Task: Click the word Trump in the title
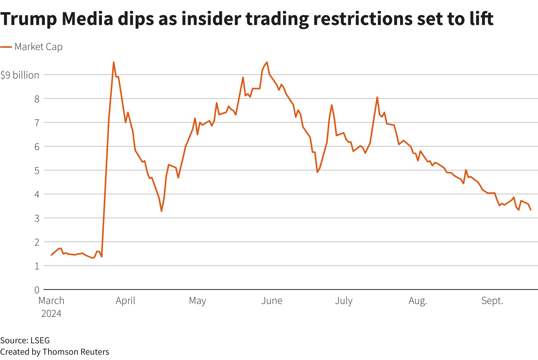tap(28, 19)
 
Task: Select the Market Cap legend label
tap(38, 47)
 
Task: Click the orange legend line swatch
tap(6, 47)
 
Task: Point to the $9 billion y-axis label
tap(20, 75)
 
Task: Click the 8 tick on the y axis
tap(37, 99)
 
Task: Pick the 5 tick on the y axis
tap(37, 171)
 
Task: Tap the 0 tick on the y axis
tap(37, 290)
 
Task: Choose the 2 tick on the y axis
tap(37, 242)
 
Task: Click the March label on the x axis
tap(52, 301)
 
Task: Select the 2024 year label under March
tap(52, 314)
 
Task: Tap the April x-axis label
tap(125, 301)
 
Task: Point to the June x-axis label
tap(272, 301)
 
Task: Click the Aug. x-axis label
tap(418, 301)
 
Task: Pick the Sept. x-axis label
tap(492, 301)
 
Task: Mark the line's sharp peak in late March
tap(114, 63)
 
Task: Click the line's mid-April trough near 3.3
tap(161, 211)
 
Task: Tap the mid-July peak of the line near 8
tap(377, 97)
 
